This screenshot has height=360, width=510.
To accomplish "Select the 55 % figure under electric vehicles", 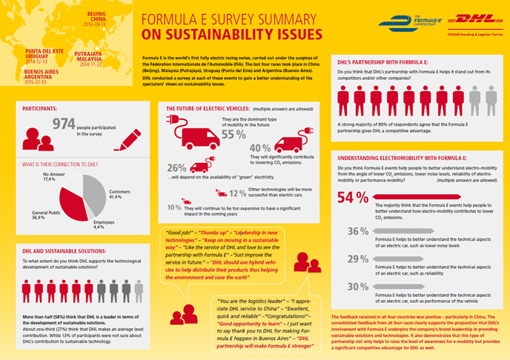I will click(234, 136).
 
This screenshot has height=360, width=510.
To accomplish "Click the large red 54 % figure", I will click(353, 198).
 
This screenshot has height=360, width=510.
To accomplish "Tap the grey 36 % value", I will click(358, 230).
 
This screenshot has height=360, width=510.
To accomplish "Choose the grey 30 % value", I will click(358, 286).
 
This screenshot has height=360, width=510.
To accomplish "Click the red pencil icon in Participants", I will click(127, 138).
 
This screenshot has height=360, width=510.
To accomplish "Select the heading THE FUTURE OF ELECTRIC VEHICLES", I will click(212, 107).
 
